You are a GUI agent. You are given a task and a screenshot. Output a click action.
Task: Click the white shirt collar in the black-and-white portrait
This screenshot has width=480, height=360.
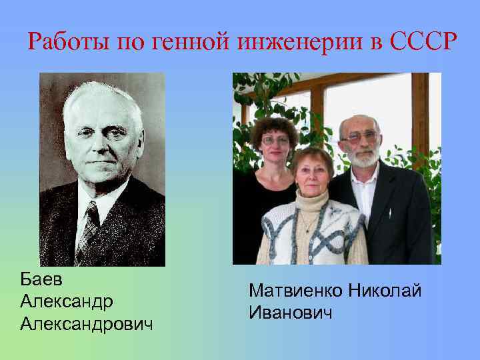100,197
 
